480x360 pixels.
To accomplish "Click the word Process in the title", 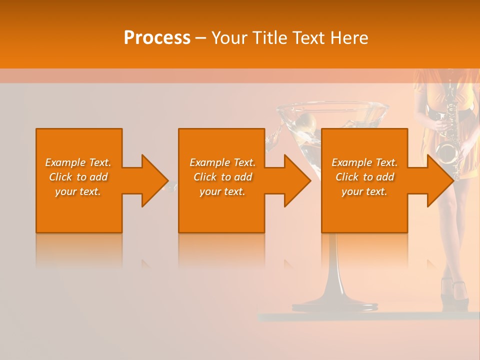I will (x=157, y=38).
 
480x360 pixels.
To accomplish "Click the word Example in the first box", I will (x=65, y=162).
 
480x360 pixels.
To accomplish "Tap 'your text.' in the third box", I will (x=364, y=191).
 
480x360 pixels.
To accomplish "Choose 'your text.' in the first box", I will (x=78, y=191).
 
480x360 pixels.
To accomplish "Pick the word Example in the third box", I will (x=352, y=162).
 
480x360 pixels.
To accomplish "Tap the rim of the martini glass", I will (x=333, y=106).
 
